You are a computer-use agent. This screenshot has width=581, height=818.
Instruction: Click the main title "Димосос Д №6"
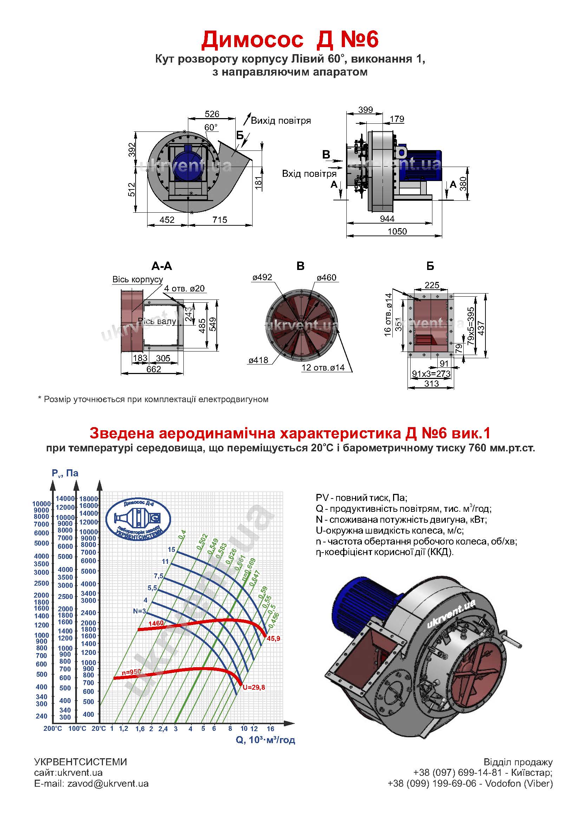click(290, 39)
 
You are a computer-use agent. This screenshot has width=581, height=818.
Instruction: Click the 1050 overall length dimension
click(397, 231)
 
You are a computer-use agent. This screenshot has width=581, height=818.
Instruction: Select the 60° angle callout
click(211, 128)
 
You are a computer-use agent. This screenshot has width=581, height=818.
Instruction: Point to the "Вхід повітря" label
click(309, 174)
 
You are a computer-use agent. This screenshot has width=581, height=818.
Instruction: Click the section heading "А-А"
click(162, 266)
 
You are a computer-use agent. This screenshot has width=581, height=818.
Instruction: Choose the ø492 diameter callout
click(262, 277)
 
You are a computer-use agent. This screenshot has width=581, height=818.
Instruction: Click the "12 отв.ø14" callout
click(323, 367)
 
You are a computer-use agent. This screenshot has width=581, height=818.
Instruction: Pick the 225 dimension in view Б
click(431, 285)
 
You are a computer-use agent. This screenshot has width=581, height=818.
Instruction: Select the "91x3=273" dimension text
click(431, 374)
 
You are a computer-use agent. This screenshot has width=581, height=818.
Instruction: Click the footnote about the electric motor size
click(153, 399)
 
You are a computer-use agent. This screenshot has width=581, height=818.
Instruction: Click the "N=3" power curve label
click(139, 611)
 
